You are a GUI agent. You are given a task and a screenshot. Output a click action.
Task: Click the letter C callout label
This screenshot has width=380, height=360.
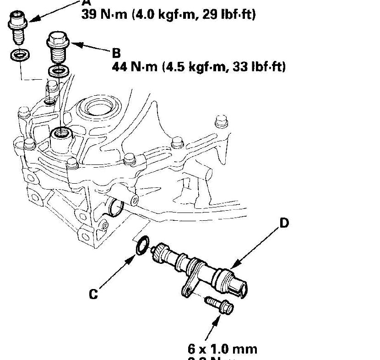[93, 294]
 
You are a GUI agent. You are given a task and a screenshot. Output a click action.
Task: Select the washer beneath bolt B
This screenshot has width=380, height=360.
[58, 71]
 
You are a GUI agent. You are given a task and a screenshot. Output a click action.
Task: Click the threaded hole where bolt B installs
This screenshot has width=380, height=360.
[60, 134]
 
